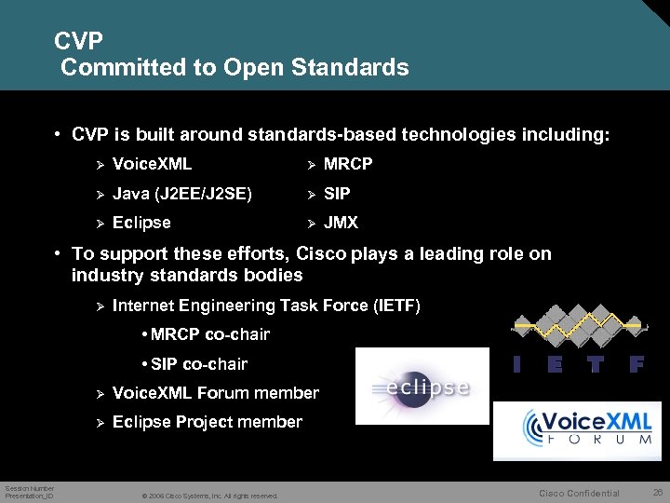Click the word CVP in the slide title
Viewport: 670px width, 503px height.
click(78, 41)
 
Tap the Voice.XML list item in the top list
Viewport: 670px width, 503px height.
click(152, 164)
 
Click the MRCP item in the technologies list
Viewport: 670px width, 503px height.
click(347, 164)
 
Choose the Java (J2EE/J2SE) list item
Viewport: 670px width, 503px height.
click(181, 194)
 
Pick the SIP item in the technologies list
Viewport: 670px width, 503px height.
click(336, 194)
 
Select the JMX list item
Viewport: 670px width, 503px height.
click(341, 223)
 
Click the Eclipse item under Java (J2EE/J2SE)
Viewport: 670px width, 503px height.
click(141, 223)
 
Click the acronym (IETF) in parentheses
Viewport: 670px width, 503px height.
click(388, 306)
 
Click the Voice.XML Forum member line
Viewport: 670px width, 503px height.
click(215, 393)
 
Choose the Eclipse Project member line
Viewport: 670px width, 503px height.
click(207, 422)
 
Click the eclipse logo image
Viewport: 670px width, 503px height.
click(422, 387)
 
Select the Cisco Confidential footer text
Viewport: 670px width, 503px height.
click(580, 494)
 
